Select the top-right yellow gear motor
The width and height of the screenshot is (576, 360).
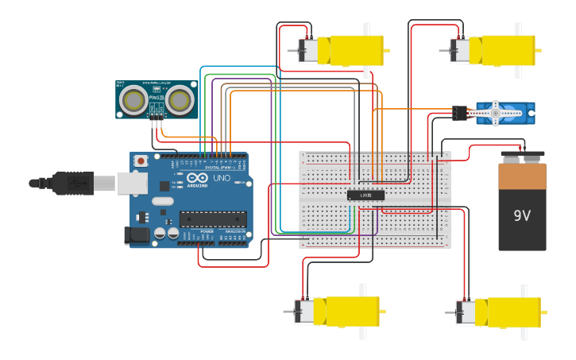pyautogui.click(x=497, y=50)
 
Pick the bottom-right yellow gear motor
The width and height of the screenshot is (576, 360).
pyautogui.click(x=501, y=312)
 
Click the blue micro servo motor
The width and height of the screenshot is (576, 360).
pyautogui.click(x=504, y=113)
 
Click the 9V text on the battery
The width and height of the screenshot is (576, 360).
pyautogui.click(x=522, y=215)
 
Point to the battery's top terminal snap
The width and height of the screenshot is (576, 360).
pyautogui.click(x=522, y=154)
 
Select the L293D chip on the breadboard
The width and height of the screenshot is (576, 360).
pyautogui.click(x=365, y=195)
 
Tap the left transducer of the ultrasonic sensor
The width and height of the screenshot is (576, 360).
pyautogui.click(x=134, y=100)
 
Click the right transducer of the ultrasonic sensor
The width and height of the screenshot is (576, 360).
pyautogui.click(x=180, y=99)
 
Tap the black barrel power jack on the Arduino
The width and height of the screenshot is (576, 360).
pyautogui.click(x=137, y=235)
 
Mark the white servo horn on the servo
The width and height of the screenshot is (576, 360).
pyautogui.click(x=496, y=113)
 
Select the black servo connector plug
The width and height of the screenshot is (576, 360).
pyautogui.click(x=460, y=113)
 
